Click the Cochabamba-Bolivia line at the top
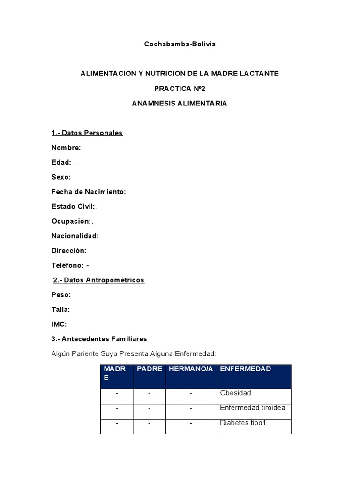point(180,44)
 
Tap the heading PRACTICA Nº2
point(180,88)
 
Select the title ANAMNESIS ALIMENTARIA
point(180,103)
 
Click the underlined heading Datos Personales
point(87,133)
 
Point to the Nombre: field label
point(66,148)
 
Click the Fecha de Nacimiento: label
point(89,192)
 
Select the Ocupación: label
point(71,221)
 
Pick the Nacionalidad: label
point(75,236)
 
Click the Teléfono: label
point(68,265)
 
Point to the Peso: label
point(61,295)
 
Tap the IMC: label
point(60,324)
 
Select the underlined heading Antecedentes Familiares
point(100,338)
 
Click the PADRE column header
point(150,369)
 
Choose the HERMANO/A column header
point(191,369)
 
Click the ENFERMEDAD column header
point(246,369)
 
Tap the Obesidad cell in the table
point(236,393)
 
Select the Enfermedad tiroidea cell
point(253,408)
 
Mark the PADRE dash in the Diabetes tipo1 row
point(150,423)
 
